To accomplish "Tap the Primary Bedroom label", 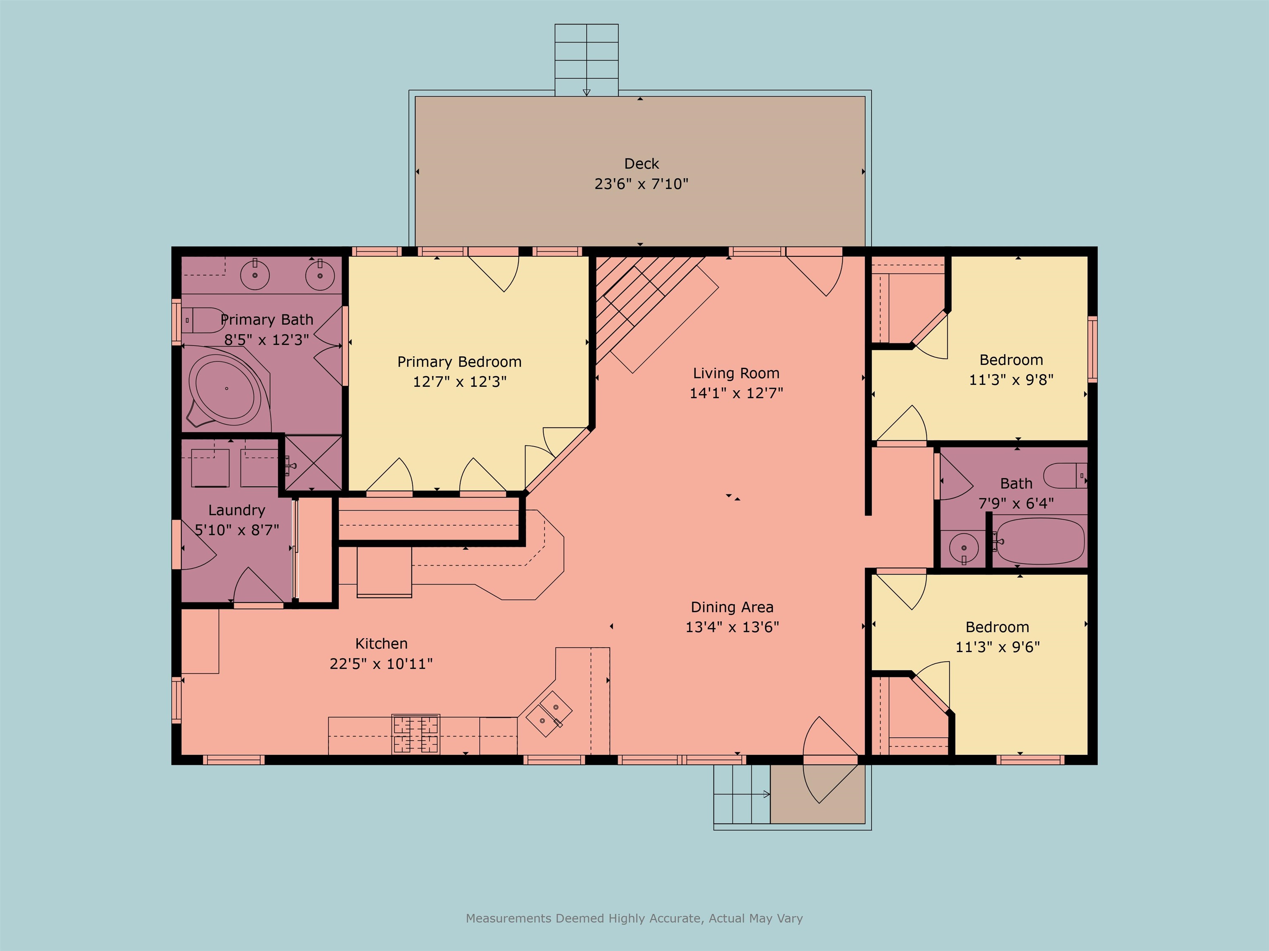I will (459, 362).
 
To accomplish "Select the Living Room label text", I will (736, 373).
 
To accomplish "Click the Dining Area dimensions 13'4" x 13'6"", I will (732, 627).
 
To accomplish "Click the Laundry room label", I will (236, 510).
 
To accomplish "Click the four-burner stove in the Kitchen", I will (416, 734).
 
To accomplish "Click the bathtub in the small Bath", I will (1040, 541).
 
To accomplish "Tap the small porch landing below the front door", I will (817, 794).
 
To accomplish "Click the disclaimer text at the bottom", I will (634, 918).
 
